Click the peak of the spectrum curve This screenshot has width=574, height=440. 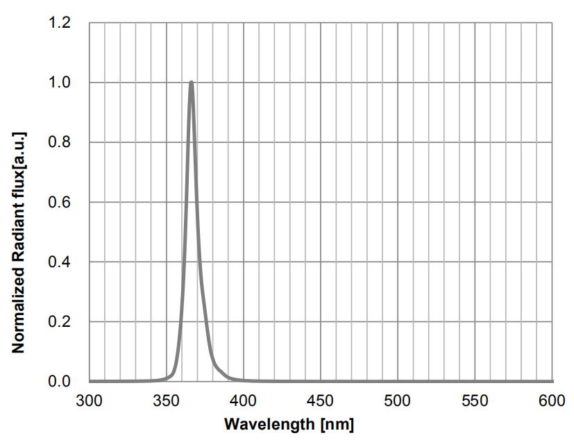pos(191,83)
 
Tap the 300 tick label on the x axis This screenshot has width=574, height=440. pos(89,400)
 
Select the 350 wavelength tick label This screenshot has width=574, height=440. pos(166,400)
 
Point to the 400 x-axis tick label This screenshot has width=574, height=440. pos(243,400)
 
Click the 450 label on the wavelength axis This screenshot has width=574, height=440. pos(320,400)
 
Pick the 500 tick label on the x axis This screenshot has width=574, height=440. pos(398,400)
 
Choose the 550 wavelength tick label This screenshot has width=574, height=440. pos(475,400)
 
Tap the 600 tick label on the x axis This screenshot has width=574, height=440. pos(552,400)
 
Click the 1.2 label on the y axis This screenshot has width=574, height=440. pos(60,24)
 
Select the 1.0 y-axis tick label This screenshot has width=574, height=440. pos(60,83)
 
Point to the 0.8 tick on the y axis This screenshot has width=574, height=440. pos(60,143)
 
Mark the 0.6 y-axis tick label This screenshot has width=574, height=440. pos(60,203)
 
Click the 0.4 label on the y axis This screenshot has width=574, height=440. pos(60,262)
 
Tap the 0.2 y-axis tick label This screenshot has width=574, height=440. pos(60,322)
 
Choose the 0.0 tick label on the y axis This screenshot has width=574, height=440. pos(60,382)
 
